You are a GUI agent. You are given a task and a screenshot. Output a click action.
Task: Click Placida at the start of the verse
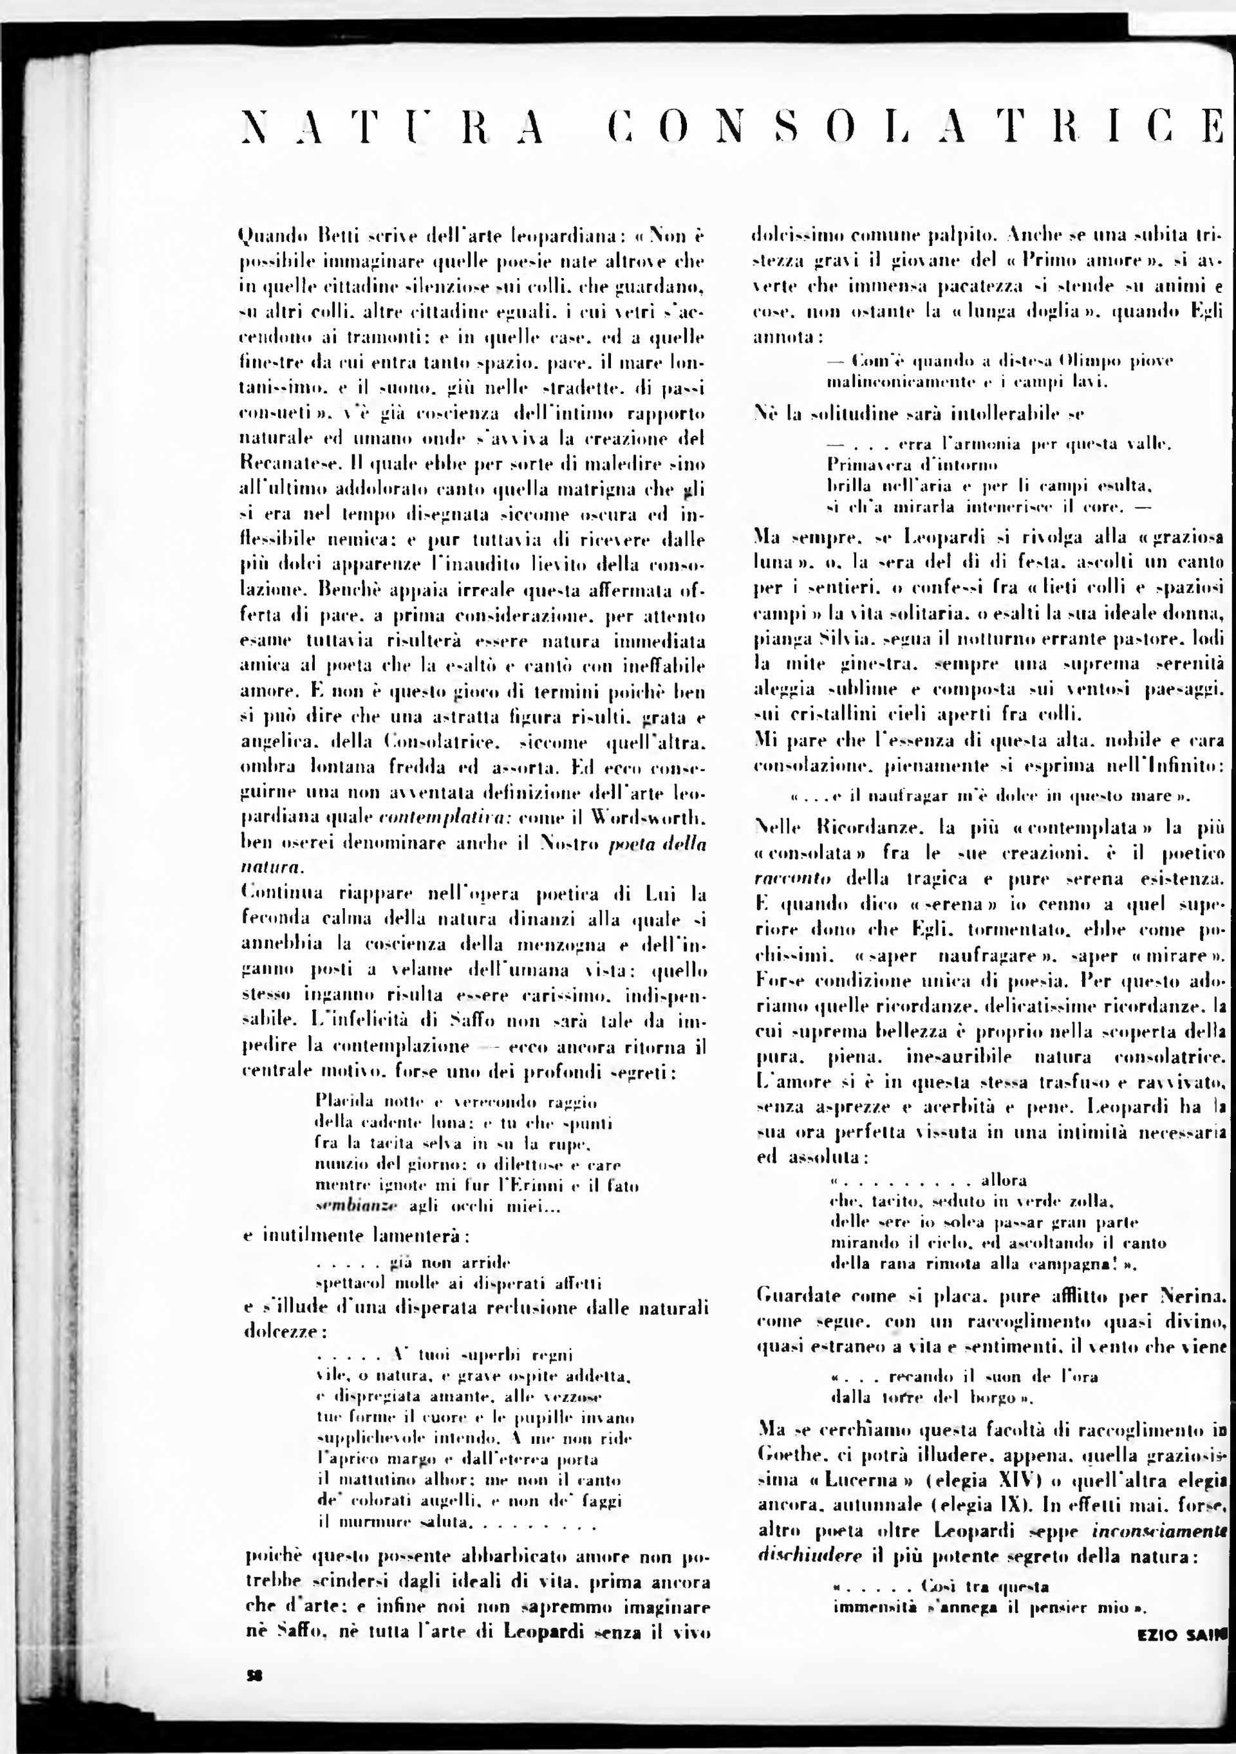pyautogui.click(x=341, y=1103)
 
